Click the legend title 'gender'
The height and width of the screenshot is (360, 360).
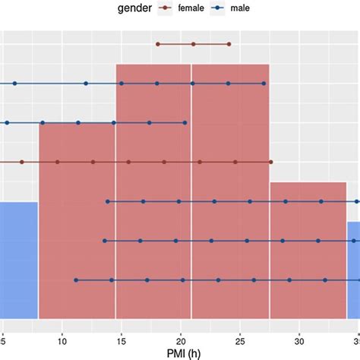(138, 9)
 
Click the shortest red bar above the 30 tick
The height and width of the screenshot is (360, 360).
(308, 251)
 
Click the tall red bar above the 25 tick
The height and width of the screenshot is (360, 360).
(230, 190)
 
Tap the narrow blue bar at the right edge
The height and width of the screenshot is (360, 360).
(354, 270)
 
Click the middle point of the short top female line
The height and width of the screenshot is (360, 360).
(193, 44)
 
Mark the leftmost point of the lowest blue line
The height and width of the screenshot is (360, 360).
(76, 280)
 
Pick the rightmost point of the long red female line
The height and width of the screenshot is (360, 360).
(271, 162)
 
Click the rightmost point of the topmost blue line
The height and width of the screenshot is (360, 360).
(264, 84)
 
